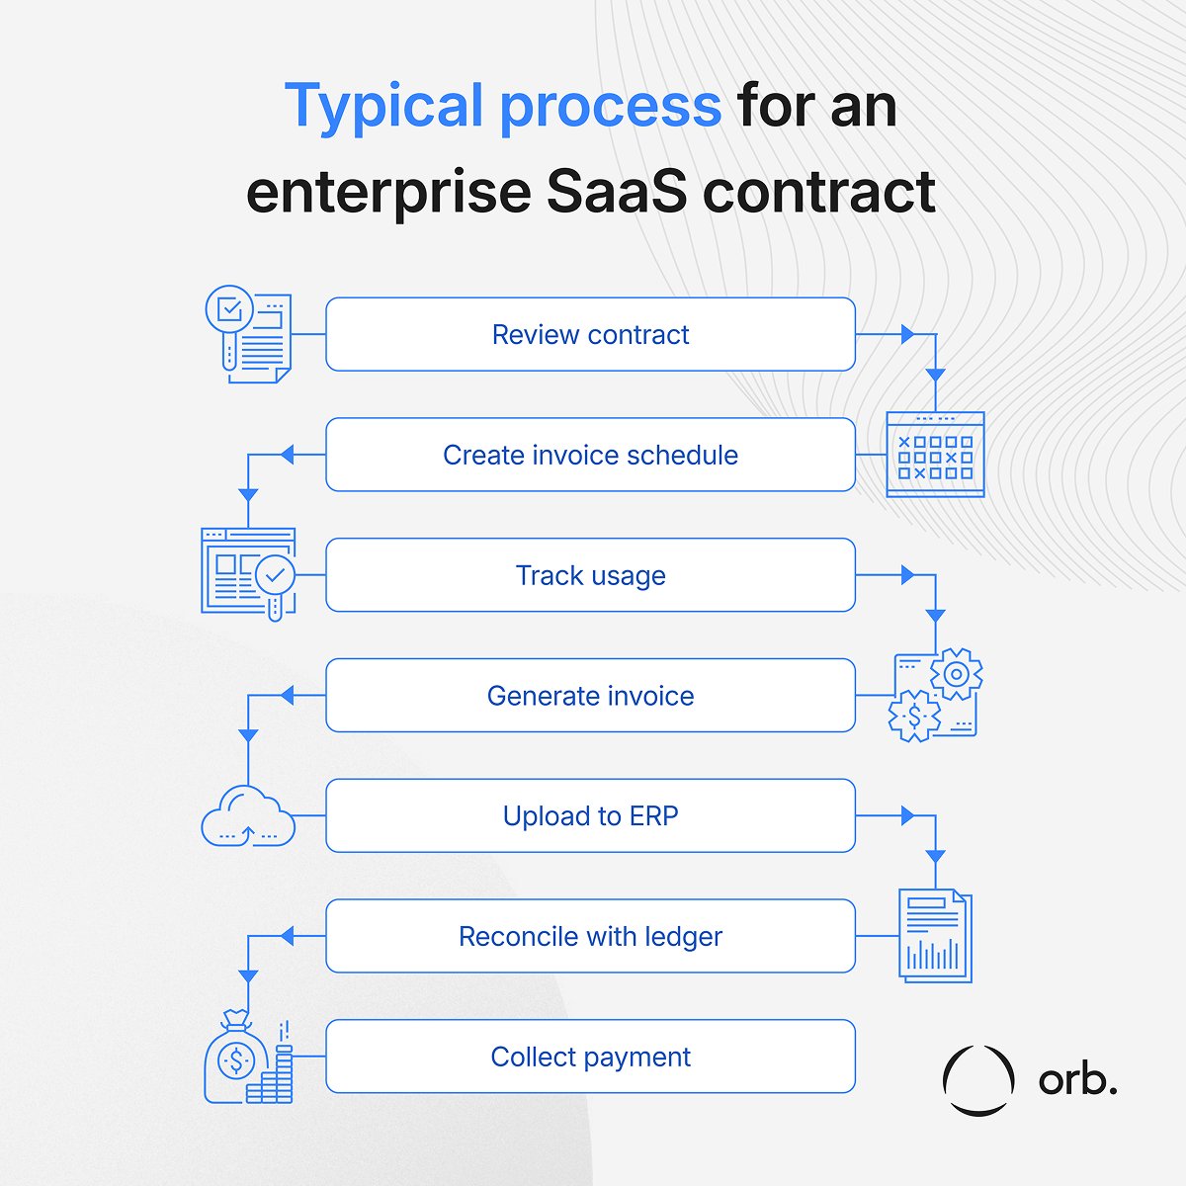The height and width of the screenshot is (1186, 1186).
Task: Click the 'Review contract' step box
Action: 590,334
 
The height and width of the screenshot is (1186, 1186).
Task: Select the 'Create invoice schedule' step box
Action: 590,455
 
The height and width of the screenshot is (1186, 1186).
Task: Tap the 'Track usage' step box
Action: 590,575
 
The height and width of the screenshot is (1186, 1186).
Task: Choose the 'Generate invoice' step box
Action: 590,696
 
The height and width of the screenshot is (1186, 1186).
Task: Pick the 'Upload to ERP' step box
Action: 590,816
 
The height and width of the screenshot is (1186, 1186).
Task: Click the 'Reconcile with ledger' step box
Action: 590,937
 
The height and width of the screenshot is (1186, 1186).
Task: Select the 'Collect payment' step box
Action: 590,1057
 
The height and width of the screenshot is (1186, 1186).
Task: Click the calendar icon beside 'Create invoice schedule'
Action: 935,454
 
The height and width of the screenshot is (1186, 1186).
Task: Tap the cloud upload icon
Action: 248,814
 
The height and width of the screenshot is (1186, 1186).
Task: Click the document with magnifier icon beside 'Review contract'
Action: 248,334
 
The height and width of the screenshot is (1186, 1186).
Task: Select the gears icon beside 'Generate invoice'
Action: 935,695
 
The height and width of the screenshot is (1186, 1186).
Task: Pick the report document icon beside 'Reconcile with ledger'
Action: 935,935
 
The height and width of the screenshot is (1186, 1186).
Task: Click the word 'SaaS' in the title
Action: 616,191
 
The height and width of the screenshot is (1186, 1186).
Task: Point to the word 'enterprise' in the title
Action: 388,191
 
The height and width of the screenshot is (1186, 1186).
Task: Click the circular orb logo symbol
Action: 977,1080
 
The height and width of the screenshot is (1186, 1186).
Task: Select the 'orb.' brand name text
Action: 1077,1080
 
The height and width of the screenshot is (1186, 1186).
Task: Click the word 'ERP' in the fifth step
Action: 653,816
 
